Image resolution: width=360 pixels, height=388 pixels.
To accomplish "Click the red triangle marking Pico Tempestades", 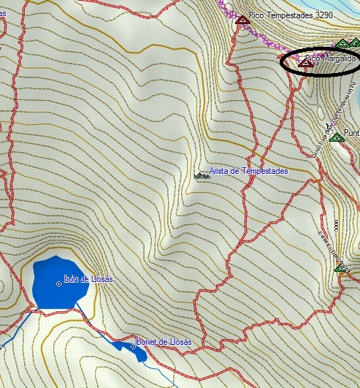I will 242,20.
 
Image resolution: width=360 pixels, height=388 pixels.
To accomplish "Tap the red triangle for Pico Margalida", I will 307,64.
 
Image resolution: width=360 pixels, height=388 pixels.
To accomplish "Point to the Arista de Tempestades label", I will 248,171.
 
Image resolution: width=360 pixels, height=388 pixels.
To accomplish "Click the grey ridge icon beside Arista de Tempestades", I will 202,175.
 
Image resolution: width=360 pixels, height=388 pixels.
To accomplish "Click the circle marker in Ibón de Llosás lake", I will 58,283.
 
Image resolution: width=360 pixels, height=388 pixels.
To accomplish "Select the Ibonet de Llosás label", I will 164,342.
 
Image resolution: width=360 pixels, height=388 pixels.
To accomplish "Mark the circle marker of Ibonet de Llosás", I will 133,346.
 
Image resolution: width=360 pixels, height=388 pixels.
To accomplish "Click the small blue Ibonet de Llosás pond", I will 139,351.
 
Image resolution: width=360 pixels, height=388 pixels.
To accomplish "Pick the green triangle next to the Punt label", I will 337,137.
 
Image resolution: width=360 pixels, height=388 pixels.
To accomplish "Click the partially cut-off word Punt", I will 352,133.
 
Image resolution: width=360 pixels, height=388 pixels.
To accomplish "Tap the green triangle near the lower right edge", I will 340,268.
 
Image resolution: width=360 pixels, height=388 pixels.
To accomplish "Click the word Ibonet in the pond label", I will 148,342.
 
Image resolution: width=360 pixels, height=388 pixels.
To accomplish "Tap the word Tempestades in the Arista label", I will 263,171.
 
